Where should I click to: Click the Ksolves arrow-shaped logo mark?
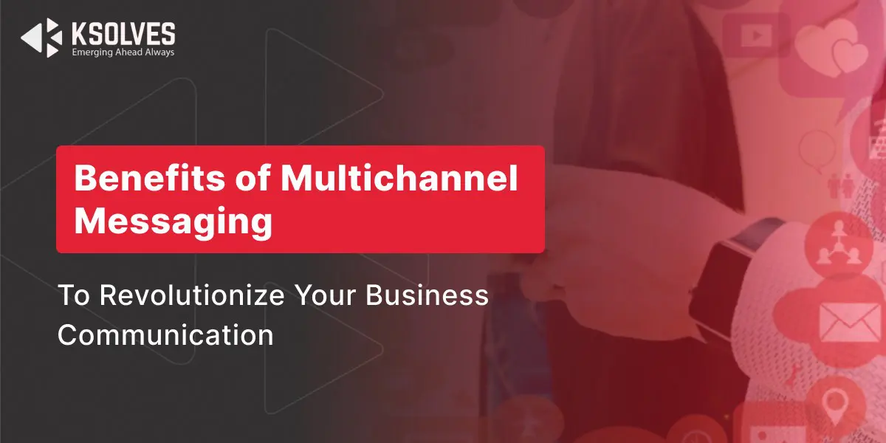42,38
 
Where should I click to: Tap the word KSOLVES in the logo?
123,34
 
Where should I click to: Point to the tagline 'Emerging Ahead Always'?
123,52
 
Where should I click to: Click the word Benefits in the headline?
149,178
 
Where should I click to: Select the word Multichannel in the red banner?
399,178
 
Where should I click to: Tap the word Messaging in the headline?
174,221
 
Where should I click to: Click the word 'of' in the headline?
253,178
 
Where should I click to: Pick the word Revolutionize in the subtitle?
192,295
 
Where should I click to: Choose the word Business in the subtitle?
427,295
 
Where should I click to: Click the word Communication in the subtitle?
165,335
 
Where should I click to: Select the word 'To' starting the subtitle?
74,295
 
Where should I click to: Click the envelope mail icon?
844,322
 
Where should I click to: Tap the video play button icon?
756,35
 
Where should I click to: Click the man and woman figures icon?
840,186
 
